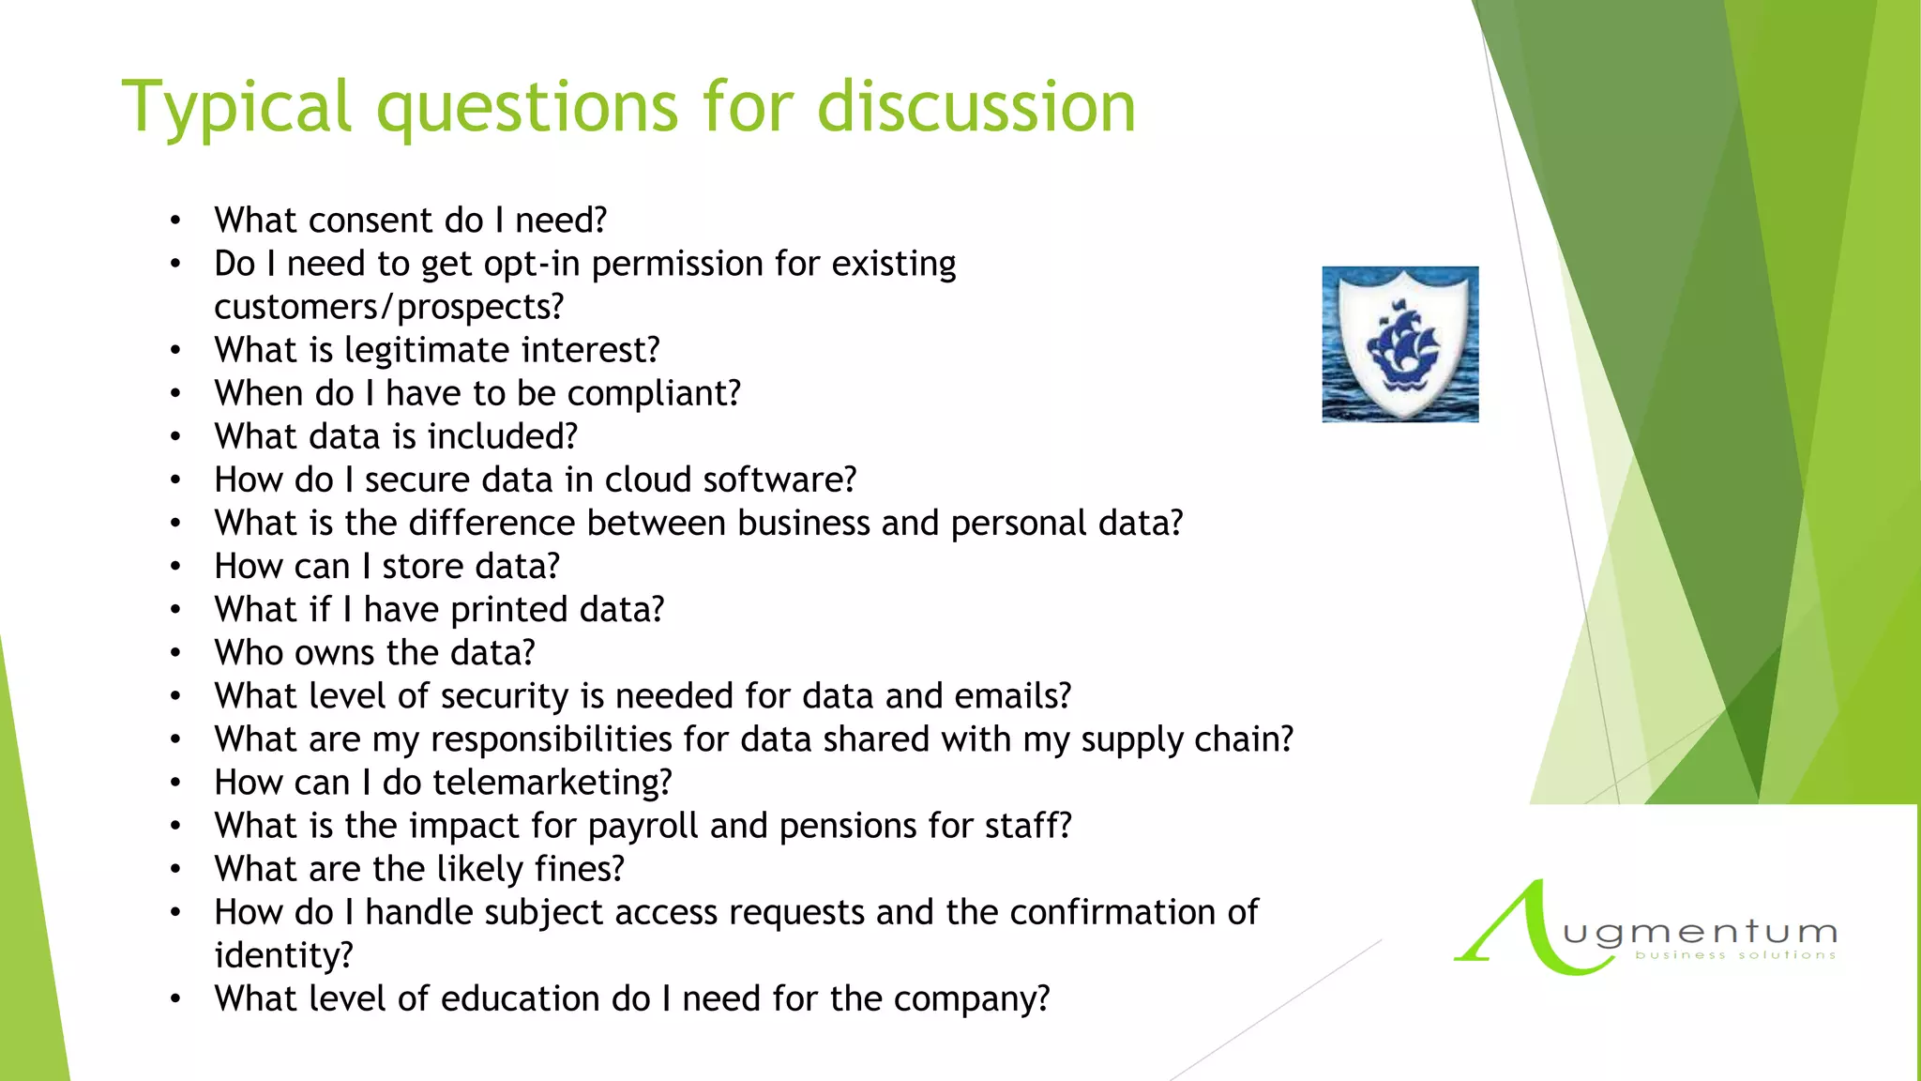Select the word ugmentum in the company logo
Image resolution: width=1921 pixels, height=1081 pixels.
[x=1699, y=933]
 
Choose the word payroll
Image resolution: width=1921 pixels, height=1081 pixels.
[x=643, y=827]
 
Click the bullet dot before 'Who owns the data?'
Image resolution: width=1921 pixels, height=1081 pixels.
[x=175, y=653]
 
